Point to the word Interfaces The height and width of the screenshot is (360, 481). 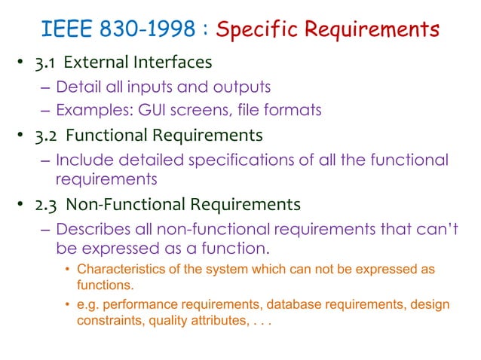coord(173,62)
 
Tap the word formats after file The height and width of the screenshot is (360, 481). coord(295,110)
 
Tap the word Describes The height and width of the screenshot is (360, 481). coord(93,228)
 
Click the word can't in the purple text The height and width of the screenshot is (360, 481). coord(437,228)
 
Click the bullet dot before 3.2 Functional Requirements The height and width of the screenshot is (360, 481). coord(24,136)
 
